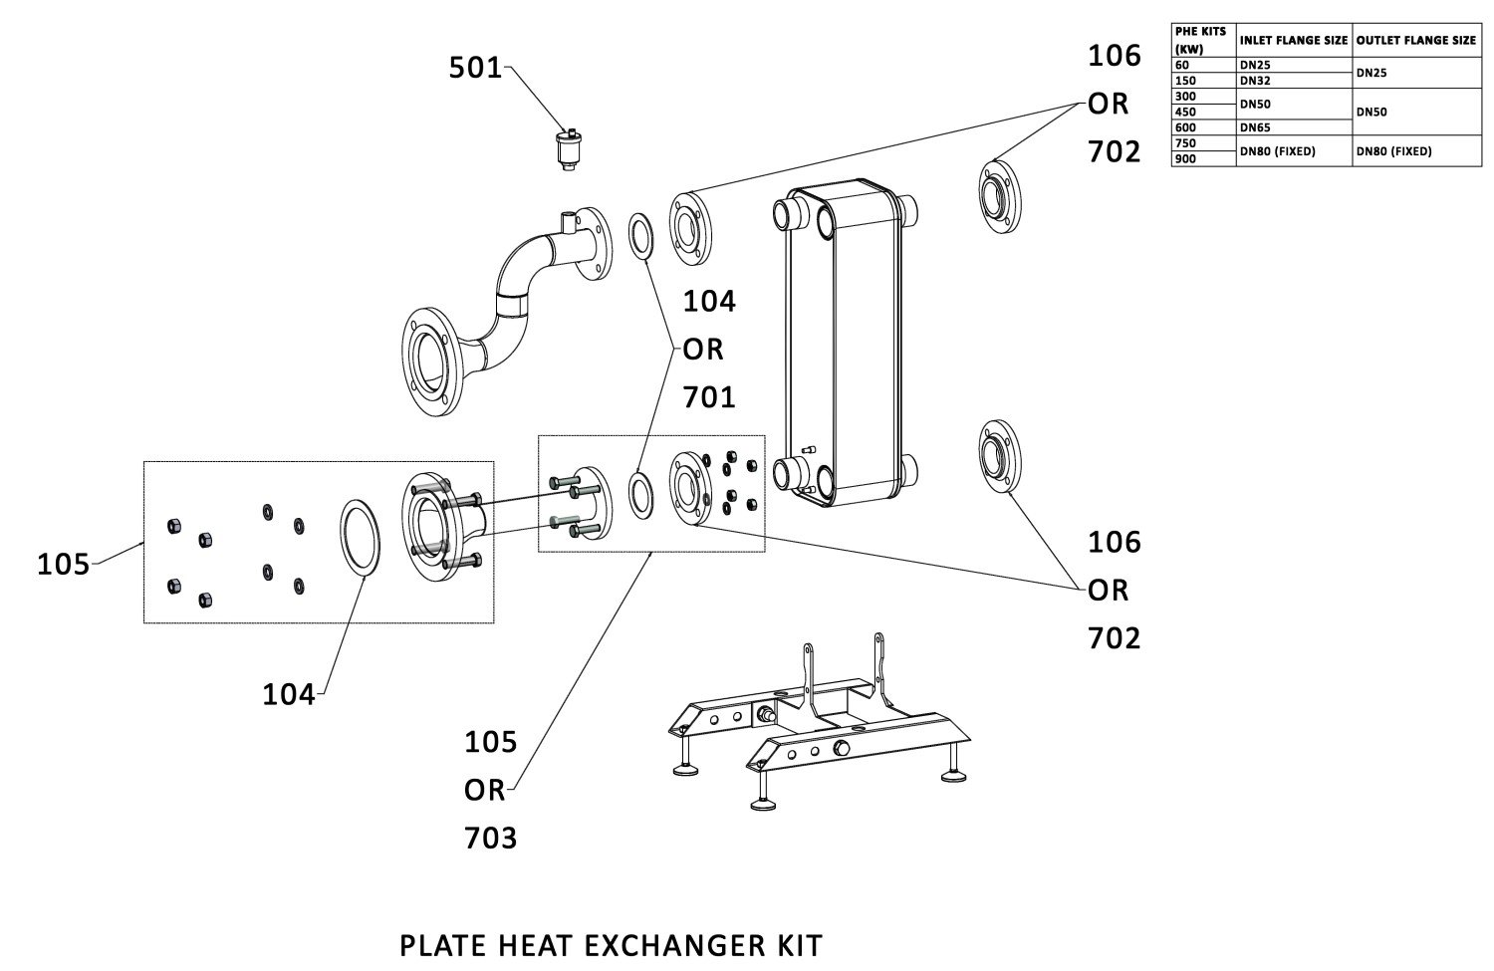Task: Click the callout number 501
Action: (475, 68)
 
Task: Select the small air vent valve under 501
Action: (569, 149)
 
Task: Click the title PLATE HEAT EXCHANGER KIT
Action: (611, 944)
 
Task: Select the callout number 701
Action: (709, 397)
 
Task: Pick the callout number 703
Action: (491, 838)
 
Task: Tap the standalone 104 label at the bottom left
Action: (288, 694)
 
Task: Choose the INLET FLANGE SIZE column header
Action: (1293, 41)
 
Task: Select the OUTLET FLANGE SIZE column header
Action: (1415, 41)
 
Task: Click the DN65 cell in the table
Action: (1255, 127)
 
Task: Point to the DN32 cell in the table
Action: (1255, 80)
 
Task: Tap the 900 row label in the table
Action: (1185, 158)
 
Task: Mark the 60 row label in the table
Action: (1182, 65)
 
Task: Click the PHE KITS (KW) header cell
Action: (1200, 40)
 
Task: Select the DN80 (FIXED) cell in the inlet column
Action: (1277, 151)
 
